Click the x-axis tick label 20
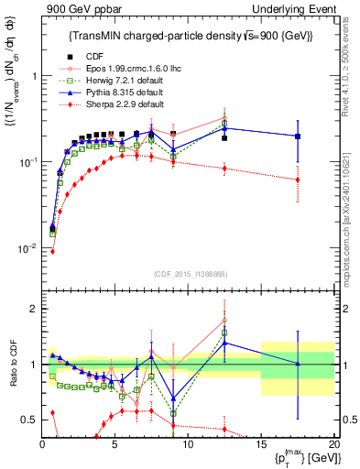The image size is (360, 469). click(333, 442)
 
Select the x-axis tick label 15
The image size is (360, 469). click(261, 442)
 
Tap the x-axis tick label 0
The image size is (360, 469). click(43, 442)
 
